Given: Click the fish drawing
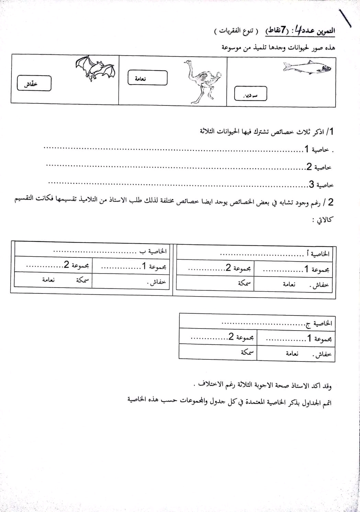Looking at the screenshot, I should [x=307, y=67].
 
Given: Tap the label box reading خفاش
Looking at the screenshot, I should [x=34, y=84].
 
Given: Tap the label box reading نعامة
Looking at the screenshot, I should [x=147, y=78].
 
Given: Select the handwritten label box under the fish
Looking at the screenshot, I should [x=250, y=94].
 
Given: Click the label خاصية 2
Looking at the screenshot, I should [x=318, y=167].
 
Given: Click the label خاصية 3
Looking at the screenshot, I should [x=321, y=185].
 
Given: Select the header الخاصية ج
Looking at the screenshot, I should [x=318, y=323].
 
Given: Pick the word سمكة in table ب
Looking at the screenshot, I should [x=82, y=280].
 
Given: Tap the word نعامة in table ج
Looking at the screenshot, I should [x=292, y=354].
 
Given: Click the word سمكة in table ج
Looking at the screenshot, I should [x=247, y=352].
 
